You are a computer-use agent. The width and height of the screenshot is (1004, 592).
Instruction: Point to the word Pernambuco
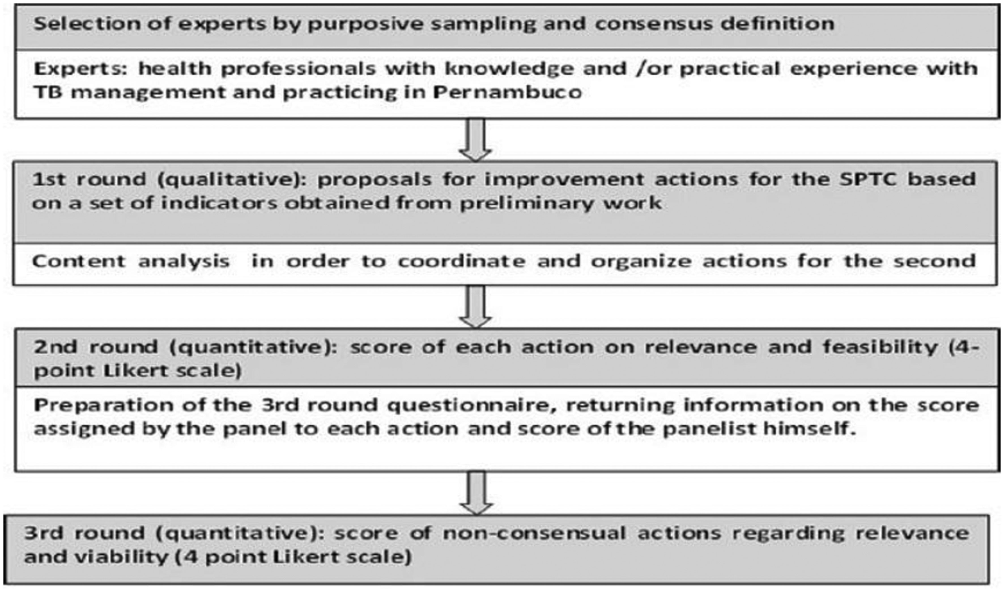pyautogui.click(x=507, y=93)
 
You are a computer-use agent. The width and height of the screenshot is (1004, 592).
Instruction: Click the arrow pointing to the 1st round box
pyautogui.click(x=475, y=140)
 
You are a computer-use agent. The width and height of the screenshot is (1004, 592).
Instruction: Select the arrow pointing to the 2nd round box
pyautogui.click(x=475, y=306)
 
